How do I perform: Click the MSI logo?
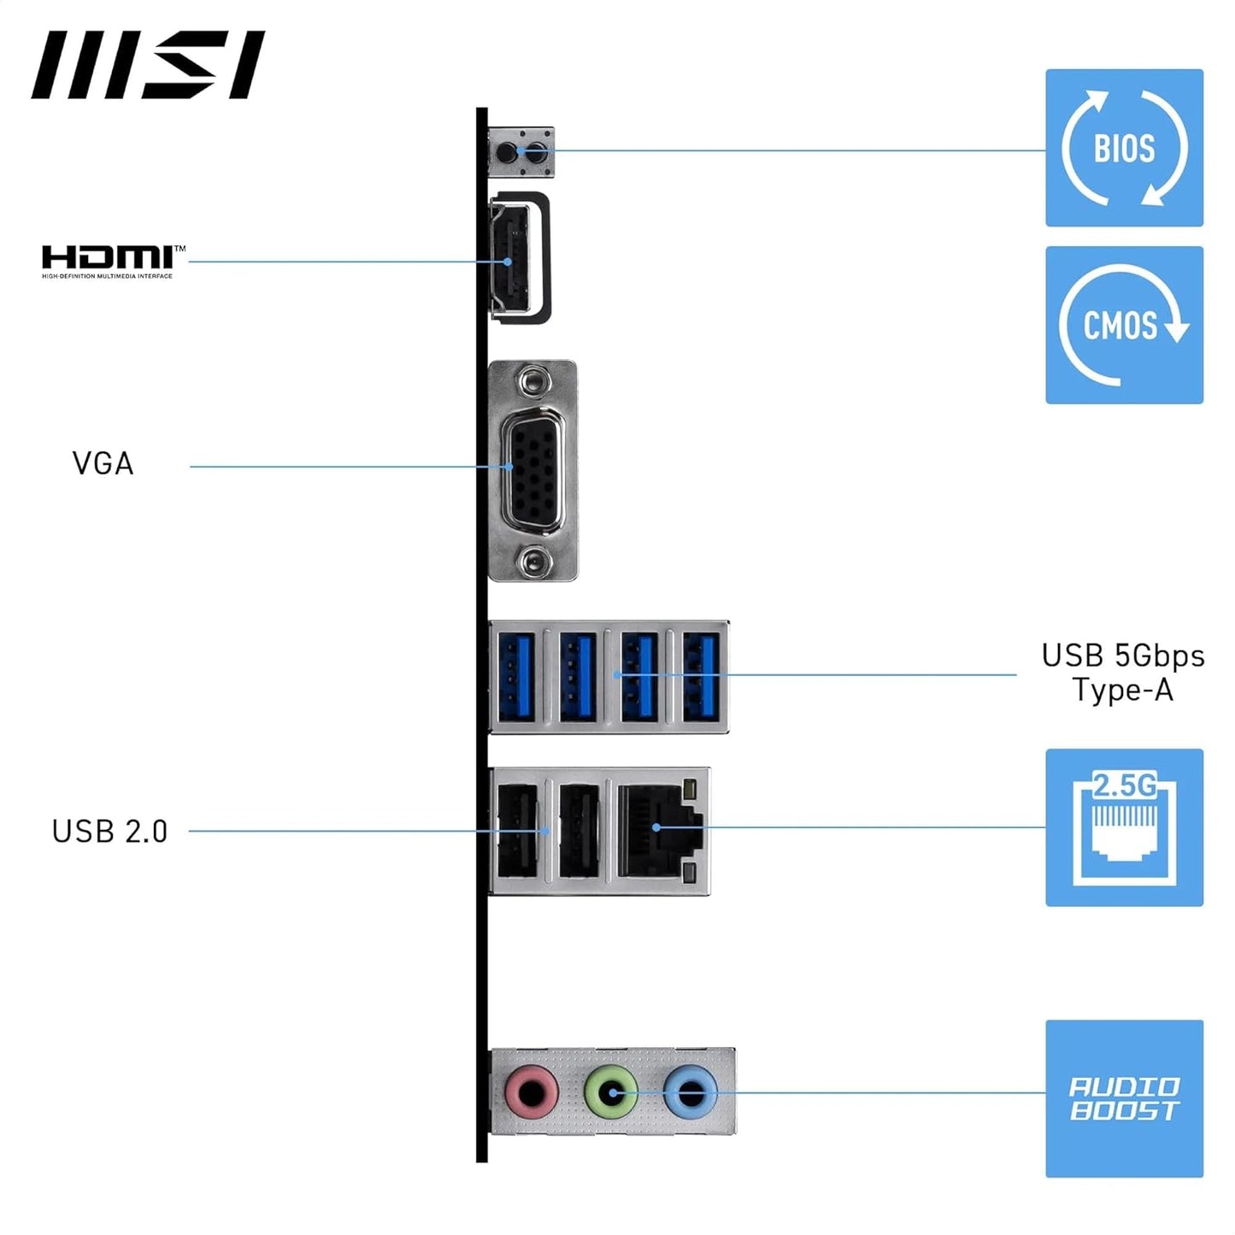point(148,65)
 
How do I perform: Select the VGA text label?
point(103,464)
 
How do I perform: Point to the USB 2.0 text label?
point(109,831)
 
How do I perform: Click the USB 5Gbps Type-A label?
point(1122,673)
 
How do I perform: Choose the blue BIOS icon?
point(1124,148)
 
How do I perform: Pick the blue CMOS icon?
point(1124,325)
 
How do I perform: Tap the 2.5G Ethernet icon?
point(1124,827)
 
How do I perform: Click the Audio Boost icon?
point(1124,1098)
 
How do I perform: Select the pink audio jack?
point(532,1092)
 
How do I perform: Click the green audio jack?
point(610,1091)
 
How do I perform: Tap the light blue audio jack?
point(690,1091)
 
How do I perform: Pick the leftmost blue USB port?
point(515,677)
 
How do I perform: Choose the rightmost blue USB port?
point(701,677)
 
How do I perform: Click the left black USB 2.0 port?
point(517,831)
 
